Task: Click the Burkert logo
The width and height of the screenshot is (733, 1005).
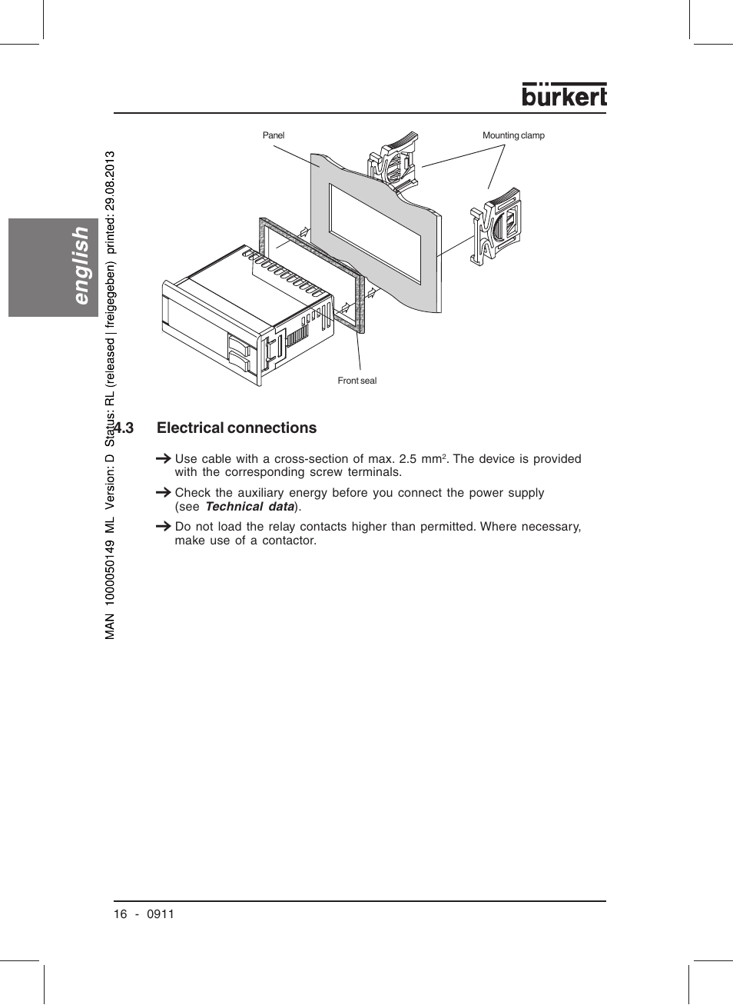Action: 564,95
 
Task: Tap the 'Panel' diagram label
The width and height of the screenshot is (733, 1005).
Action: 273,135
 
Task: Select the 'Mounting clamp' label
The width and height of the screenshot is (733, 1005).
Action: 513,135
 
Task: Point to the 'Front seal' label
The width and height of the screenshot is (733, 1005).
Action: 357,381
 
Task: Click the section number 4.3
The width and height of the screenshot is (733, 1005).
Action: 124,428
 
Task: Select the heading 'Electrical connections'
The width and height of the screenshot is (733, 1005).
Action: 237,428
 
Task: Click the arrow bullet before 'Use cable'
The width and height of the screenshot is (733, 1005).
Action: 163,458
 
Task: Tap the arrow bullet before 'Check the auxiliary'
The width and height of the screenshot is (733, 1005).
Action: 163,492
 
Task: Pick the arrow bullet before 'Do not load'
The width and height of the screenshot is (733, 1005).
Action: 163,526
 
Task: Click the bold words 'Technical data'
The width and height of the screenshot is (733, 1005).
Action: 250,507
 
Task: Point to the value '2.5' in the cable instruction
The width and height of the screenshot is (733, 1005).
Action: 407,459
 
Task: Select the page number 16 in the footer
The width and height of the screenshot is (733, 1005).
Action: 120,914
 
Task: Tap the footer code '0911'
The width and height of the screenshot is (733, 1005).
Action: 161,914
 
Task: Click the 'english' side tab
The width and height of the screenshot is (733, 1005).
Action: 79,265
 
